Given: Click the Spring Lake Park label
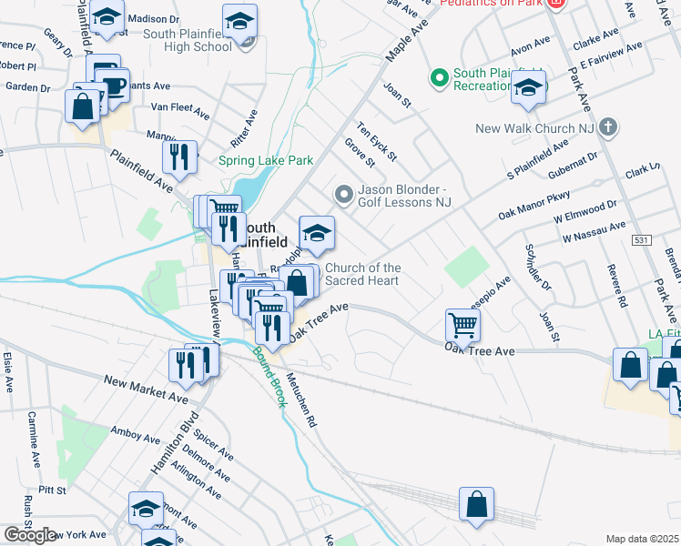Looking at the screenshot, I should pyautogui.click(x=266, y=161).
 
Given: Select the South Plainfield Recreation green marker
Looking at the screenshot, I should pyautogui.click(x=441, y=79).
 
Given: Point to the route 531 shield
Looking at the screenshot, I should pyautogui.click(x=642, y=239).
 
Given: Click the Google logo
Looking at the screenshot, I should pyautogui.click(x=30, y=535).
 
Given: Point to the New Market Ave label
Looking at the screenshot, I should pyautogui.click(x=146, y=389).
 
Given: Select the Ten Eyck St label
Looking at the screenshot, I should pyautogui.click(x=377, y=142).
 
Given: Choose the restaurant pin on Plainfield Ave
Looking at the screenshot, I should pyautogui.click(x=180, y=157).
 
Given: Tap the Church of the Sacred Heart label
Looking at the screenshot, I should pyautogui.click(x=363, y=274).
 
